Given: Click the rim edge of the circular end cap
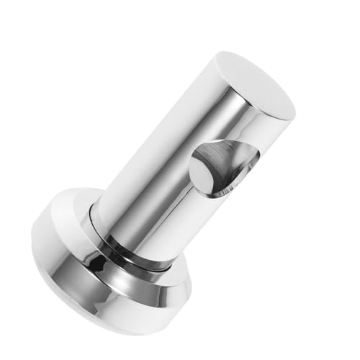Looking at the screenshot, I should [216, 65].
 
